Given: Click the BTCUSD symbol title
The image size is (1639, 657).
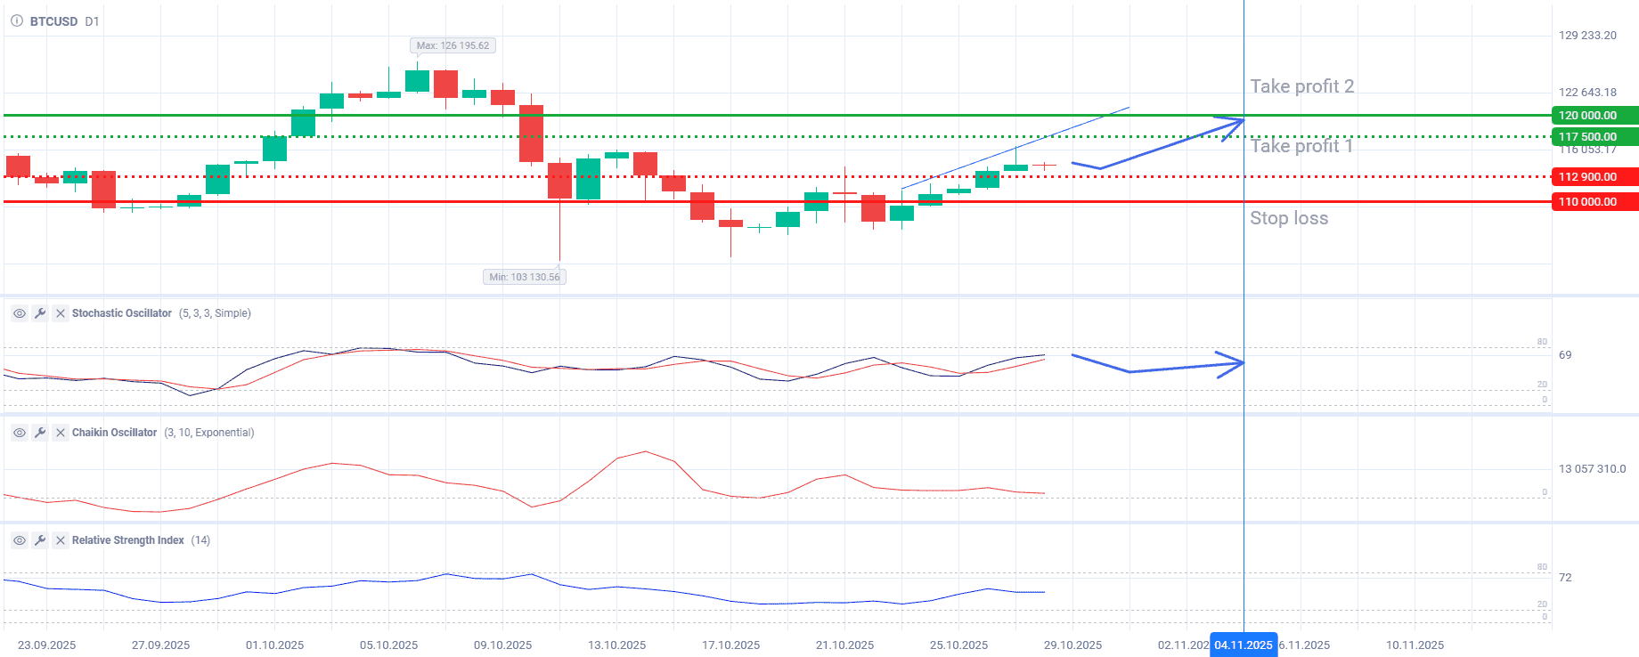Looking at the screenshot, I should tap(53, 21).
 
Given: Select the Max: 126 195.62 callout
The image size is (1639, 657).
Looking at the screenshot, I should tap(453, 45).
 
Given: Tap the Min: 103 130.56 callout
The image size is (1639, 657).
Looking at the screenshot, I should tap(525, 277).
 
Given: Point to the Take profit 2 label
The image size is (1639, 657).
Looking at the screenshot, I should tap(1301, 86).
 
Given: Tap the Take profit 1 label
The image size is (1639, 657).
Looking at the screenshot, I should tap(1301, 146).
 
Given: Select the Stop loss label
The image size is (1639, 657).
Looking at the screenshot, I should tap(1288, 218).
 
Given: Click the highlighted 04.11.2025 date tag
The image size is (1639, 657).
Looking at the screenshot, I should tap(1244, 645).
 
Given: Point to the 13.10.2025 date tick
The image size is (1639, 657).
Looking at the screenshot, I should tap(616, 645).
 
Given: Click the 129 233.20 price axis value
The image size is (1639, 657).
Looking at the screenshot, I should tap(1587, 36).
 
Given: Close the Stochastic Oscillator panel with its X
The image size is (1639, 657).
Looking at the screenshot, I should tap(61, 313).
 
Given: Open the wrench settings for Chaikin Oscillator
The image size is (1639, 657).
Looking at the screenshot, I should tap(40, 433).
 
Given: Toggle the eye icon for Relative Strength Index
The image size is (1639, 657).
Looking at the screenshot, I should tap(20, 540).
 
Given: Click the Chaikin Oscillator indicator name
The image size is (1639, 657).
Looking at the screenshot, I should tap(114, 433).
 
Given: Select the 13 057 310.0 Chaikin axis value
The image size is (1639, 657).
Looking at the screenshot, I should tap(1592, 469).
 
